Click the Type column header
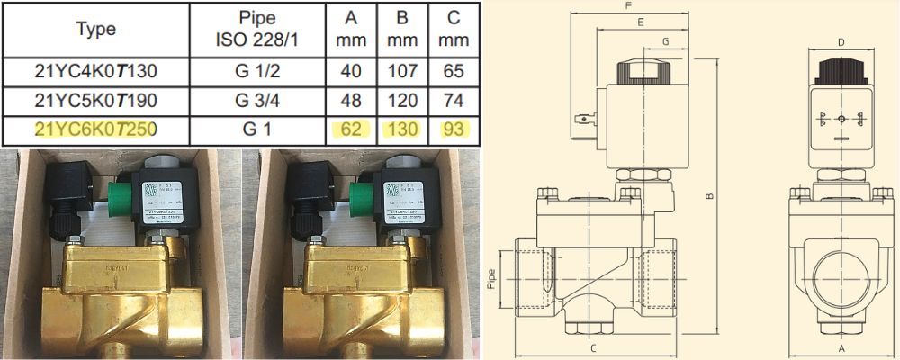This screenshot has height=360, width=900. (96, 29)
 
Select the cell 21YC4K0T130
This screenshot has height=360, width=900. (96, 71)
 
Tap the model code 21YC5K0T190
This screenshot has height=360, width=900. (96, 100)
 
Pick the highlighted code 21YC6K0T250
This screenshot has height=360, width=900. (96, 129)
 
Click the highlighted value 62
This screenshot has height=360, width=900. (350, 129)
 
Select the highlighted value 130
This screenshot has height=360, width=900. (402, 129)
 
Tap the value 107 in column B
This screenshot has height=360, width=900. (402, 71)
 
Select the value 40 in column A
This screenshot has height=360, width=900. (350, 71)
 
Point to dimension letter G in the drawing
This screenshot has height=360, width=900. (665, 41)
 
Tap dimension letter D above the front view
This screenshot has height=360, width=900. (841, 41)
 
